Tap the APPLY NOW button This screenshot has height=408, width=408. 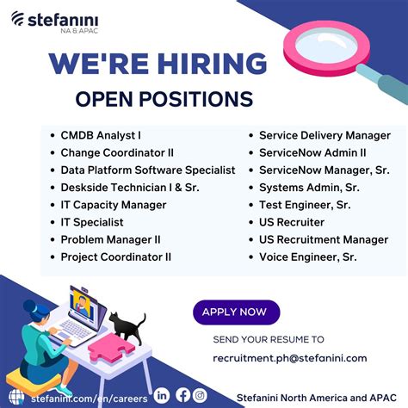tap(235, 312)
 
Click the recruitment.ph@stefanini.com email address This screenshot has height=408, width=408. tap(289, 358)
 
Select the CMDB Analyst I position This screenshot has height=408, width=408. tap(101, 135)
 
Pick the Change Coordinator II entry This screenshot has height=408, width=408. tap(117, 152)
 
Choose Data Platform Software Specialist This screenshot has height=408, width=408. tap(147, 170)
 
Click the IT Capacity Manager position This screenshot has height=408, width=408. tap(113, 205)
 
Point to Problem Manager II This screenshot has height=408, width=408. tap(110, 239)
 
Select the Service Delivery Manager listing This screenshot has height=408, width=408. tap(325, 135)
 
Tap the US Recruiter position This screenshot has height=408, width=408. tap(291, 222)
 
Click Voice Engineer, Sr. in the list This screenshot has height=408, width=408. tap(308, 257)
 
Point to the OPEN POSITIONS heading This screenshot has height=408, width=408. tap(164, 98)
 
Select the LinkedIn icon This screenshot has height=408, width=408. tap(163, 396)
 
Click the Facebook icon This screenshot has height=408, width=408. tap(182, 396)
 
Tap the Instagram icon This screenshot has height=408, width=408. tap(201, 396)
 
